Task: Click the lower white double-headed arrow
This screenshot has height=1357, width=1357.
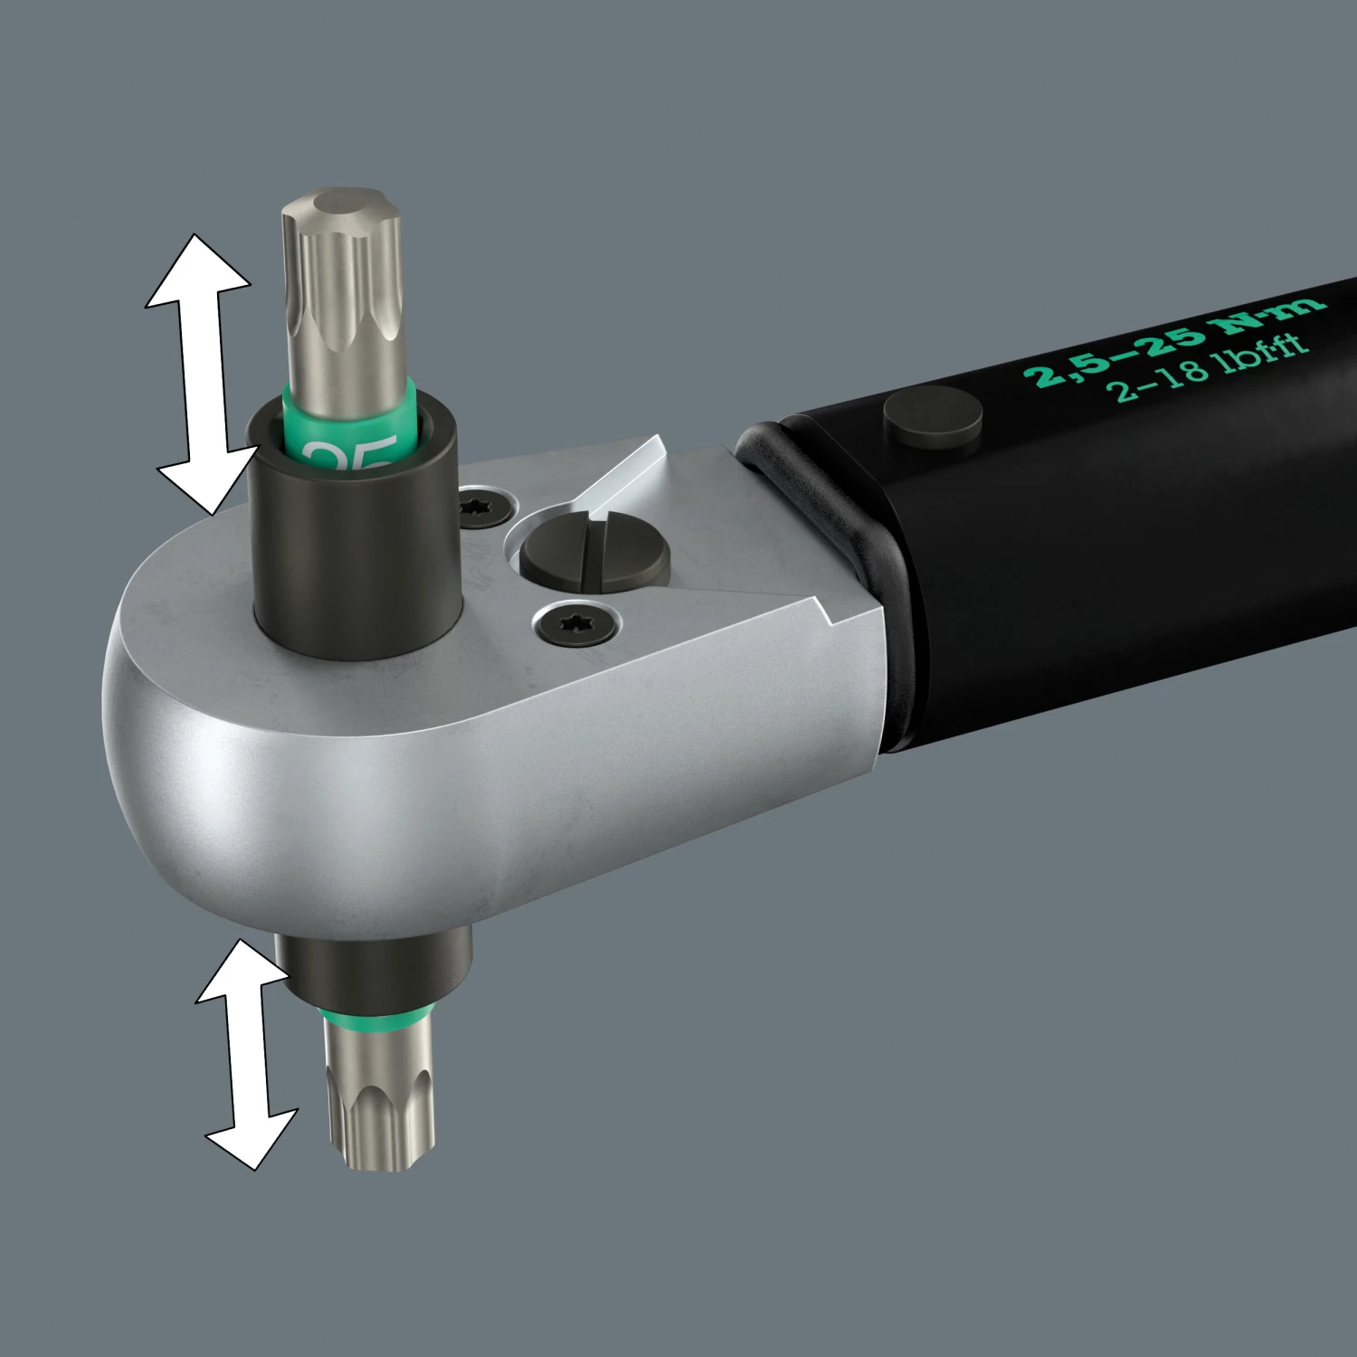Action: point(244,1054)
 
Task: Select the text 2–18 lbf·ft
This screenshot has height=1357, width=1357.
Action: point(1208,366)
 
